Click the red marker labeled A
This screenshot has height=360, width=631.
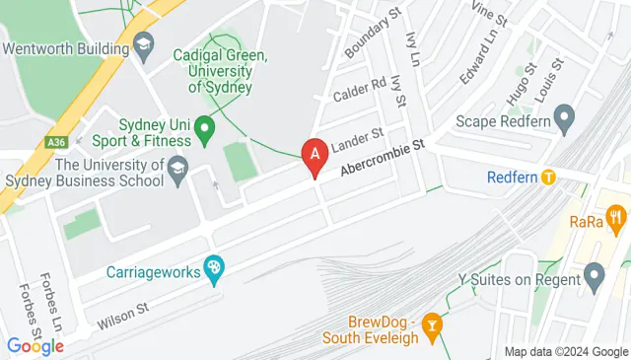[315, 155]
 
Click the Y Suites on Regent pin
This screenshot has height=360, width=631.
[594, 279]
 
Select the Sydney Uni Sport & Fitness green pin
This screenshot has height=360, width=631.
[204, 127]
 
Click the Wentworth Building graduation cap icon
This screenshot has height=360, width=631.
[145, 45]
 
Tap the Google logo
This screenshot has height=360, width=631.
[35, 345]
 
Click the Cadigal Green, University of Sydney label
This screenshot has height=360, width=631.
[220, 72]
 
